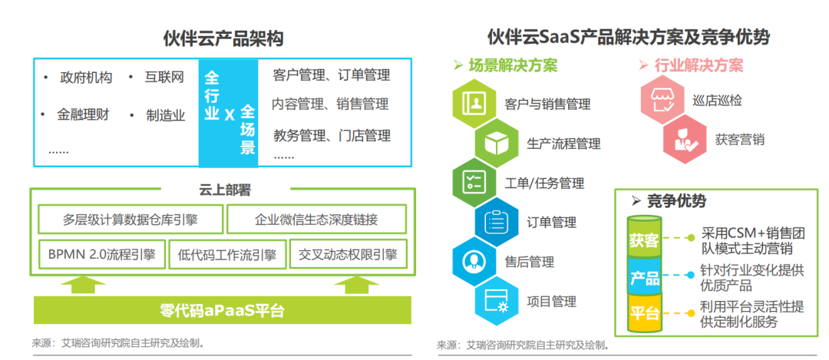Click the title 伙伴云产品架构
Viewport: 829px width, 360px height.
(x=223, y=38)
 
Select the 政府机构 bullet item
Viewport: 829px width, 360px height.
(x=86, y=78)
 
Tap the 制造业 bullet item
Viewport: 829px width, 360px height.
(x=166, y=116)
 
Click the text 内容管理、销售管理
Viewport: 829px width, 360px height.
(x=330, y=104)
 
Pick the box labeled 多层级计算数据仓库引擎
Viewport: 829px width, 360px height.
(x=130, y=220)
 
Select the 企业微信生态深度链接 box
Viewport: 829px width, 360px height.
(x=316, y=220)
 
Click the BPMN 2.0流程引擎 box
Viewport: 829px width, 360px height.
(x=102, y=255)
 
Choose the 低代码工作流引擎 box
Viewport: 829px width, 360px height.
(x=227, y=255)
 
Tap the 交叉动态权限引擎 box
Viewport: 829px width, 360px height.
(x=348, y=255)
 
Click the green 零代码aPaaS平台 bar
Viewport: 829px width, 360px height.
(x=222, y=310)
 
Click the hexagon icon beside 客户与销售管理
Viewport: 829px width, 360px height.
(x=474, y=103)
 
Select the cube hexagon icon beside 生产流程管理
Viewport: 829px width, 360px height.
(x=496, y=143)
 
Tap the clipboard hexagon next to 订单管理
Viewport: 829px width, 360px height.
(x=496, y=222)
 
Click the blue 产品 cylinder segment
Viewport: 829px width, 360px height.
(x=643, y=276)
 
